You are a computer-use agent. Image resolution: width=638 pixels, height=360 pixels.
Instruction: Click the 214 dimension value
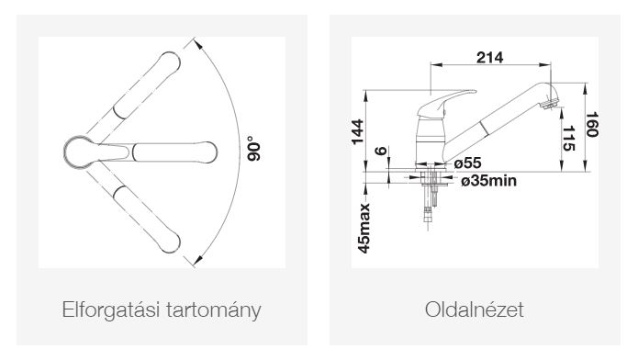click(x=489, y=58)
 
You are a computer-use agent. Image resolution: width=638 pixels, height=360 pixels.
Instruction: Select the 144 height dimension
click(x=357, y=131)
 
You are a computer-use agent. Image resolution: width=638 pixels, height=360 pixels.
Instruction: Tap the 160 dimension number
click(x=591, y=124)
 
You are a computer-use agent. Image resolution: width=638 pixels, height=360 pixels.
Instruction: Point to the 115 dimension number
click(x=568, y=138)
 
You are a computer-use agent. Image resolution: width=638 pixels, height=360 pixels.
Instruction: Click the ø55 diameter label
click(x=467, y=163)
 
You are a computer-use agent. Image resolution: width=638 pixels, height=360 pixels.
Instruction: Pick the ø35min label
click(x=488, y=180)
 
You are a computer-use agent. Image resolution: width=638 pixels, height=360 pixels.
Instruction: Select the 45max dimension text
click(x=364, y=228)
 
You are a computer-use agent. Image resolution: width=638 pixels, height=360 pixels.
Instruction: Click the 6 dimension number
click(x=380, y=151)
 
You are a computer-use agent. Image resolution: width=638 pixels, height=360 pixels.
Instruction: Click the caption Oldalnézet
click(x=475, y=309)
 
